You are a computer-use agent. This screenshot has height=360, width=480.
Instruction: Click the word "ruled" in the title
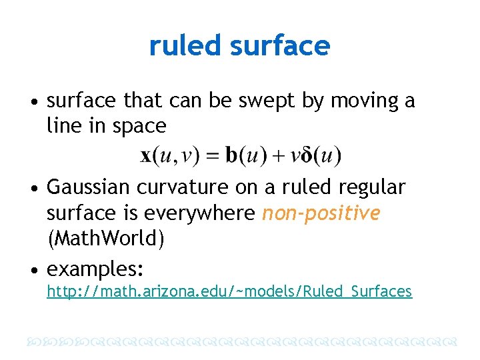pyautogui.click(x=185, y=46)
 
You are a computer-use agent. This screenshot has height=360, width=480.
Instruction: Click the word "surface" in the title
pyautogui.click(x=279, y=46)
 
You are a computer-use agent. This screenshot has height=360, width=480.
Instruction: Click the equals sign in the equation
pyautogui.click(x=211, y=157)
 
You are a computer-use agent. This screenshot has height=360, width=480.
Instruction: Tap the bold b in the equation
pyautogui.click(x=231, y=157)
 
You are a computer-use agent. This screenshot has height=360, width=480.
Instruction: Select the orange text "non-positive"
pyautogui.click(x=321, y=213)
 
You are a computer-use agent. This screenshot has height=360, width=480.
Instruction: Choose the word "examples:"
pyautogui.click(x=95, y=269)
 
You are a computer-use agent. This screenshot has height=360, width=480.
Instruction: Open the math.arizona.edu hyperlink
pyautogui.click(x=229, y=291)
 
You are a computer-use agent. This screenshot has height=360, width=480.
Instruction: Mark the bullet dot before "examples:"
pyautogui.click(x=33, y=269)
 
